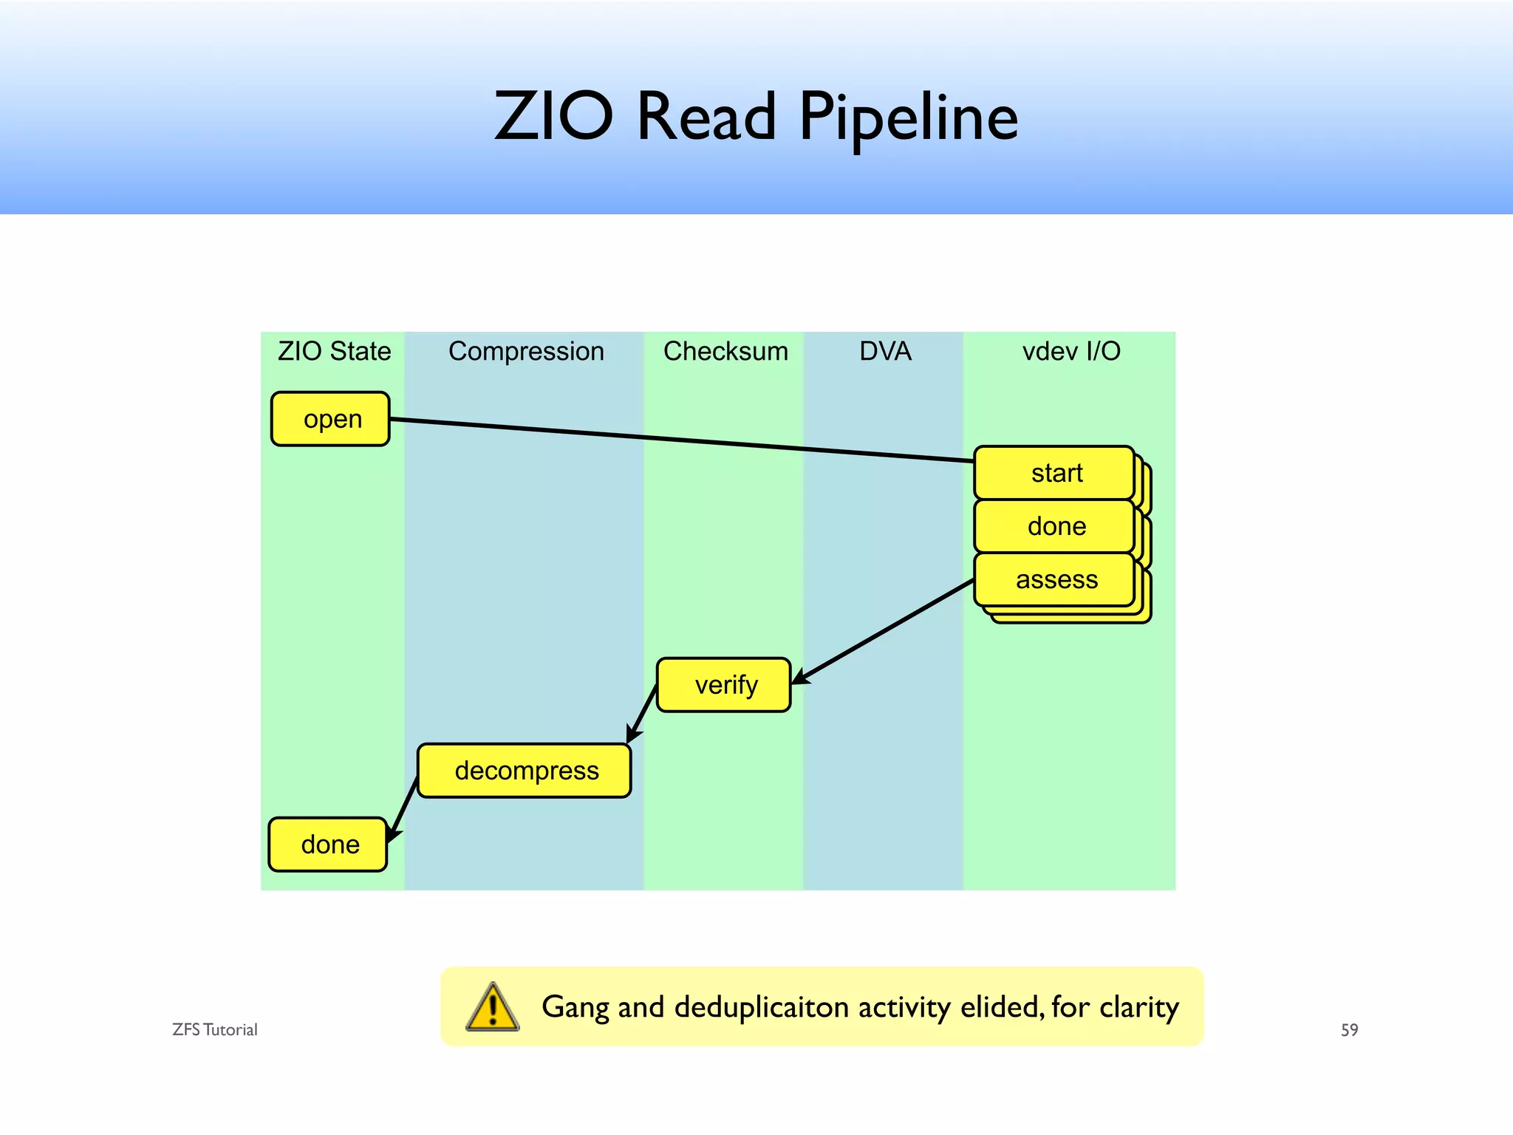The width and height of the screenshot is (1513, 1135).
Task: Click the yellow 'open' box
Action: [x=330, y=419]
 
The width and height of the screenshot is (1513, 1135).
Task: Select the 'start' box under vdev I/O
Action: [x=1054, y=473]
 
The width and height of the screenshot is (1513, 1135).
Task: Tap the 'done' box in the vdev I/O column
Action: [x=1054, y=526]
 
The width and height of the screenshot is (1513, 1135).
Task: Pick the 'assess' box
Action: [x=1054, y=579]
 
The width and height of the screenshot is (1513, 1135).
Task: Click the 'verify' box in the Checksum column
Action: [x=724, y=685]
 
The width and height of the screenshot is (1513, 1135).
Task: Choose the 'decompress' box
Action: [x=525, y=771]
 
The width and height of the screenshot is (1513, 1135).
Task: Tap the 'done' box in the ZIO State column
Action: [x=328, y=845]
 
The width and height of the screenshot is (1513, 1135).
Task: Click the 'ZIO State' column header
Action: [x=334, y=351]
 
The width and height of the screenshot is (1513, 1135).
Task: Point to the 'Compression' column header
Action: [x=526, y=351]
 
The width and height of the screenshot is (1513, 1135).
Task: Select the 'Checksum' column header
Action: [x=725, y=351]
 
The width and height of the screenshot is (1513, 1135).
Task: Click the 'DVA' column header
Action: [x=885, y=351]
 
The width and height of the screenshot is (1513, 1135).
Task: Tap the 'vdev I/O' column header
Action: [x=1071, y=351]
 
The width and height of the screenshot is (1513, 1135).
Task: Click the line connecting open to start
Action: [x=680, y=440]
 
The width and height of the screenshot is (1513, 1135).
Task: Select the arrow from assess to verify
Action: [x=883, y=631]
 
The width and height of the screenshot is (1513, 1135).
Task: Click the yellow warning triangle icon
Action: [x=493, y=1007]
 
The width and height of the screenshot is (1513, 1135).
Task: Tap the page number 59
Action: [x=1349, y=1030]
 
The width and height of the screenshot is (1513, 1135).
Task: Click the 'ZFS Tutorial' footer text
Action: [x=214, y=1030]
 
